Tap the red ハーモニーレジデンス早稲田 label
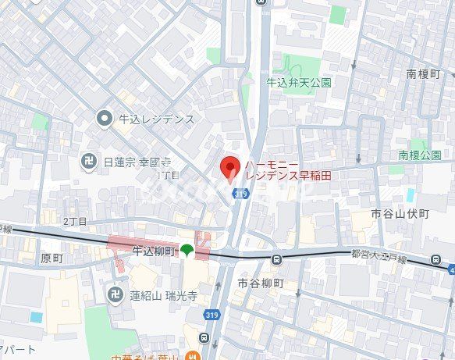[x=287, y=170]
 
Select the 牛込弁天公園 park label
[x=299, y=82]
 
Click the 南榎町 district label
[x=425, y=74]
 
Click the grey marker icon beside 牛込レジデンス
[x=104, y=119]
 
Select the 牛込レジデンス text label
[x=156, y=119]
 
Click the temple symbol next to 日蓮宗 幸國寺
[x=90, y=162]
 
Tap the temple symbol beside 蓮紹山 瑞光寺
[x=114, y=295]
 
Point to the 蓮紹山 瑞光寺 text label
[x=160, y=295]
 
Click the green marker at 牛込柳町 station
[x=187, y=251]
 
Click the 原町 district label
[x=51, y=258]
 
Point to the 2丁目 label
[x=75, y=221]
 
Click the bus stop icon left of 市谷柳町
[x=276, y=259]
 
